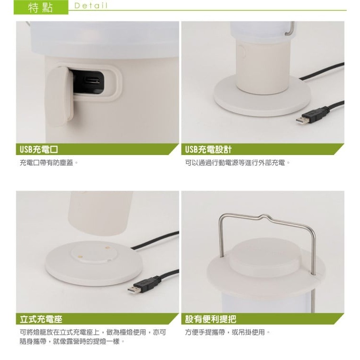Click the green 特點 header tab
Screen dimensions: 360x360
click(41, 7)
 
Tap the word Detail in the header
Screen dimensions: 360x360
click(91, 6)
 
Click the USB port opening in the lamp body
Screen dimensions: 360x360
click(92, 80)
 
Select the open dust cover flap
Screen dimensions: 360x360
click(59, 97)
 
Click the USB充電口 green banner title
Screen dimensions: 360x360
click(39, 149)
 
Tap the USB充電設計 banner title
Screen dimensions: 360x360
click(208, 149)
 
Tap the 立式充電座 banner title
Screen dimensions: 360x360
click(41, 319)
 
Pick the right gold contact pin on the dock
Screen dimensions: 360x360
click(107, 248)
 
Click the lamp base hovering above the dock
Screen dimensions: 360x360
click(100, 213)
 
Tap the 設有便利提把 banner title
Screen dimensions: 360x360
click(211, 319)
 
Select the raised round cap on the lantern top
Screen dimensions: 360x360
click(265, 255)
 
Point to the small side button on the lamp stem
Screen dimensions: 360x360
click(242, 52)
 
